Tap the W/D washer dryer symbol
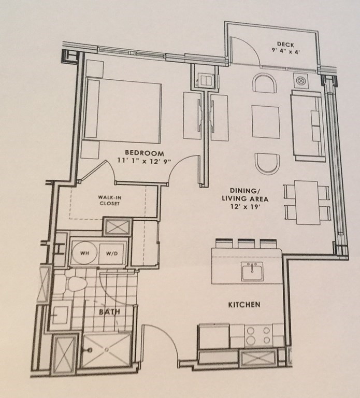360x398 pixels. pos(111,254)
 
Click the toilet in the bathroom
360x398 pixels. pos(74,285)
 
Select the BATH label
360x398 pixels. pos(109,312)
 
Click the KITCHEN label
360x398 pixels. pos(244,304)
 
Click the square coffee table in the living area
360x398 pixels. pos(266,120)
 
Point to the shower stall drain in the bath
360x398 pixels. pos(107,350)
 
